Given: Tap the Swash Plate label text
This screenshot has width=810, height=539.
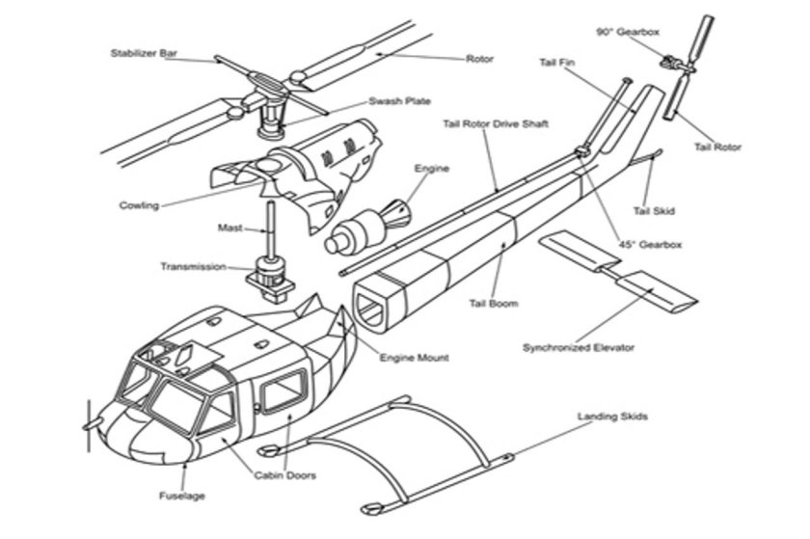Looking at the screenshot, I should click(399, 101).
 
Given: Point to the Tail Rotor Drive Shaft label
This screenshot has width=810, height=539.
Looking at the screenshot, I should click(495, 123).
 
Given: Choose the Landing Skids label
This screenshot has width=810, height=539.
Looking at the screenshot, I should click(612, 417).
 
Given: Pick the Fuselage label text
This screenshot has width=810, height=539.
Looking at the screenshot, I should click(181, 497).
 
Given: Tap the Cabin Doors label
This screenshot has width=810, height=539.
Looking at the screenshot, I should click(284, 474).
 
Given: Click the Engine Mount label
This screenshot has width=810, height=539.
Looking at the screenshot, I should click(414, 358).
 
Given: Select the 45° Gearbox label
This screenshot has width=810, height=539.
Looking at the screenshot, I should click(650, 245).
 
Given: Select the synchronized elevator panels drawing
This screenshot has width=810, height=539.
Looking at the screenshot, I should click(617, 275).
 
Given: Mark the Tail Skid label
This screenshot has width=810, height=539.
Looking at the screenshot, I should click(653, 210).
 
